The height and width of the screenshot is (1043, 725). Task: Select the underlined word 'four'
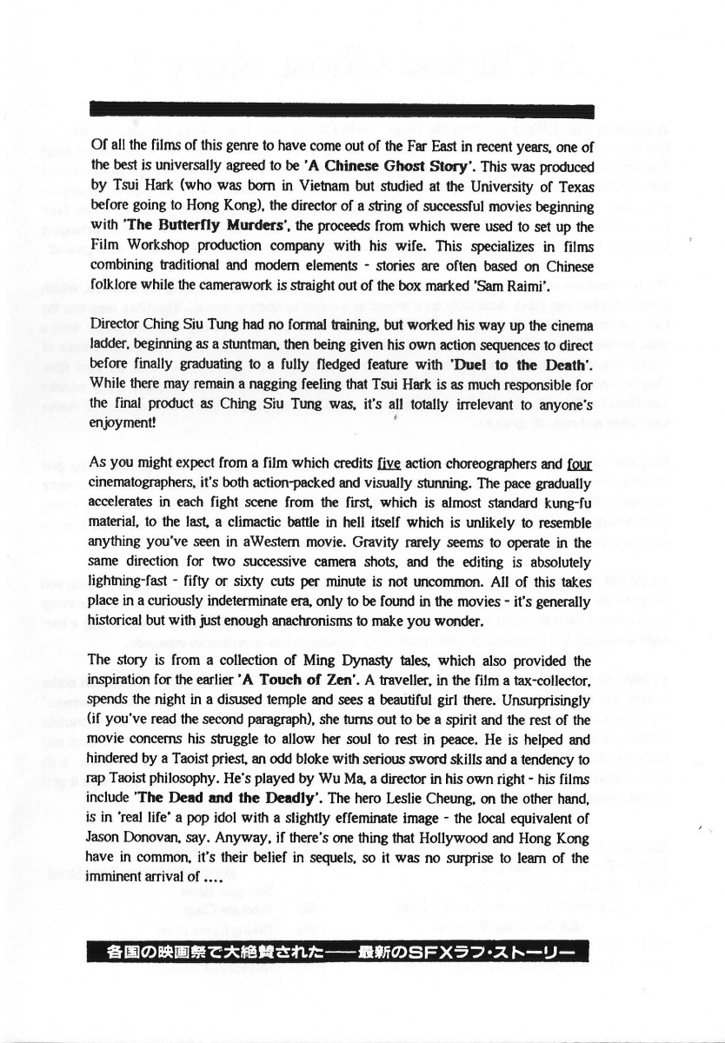(579, 464)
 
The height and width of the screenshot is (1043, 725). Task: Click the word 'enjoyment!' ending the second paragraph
(120, 422)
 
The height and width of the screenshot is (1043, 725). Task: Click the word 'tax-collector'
(551, 679)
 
